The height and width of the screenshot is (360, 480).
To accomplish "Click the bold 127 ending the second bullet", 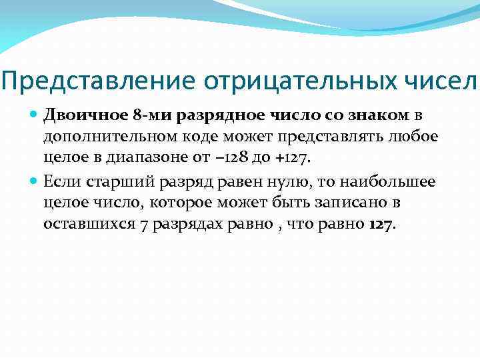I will click(379, 223).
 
